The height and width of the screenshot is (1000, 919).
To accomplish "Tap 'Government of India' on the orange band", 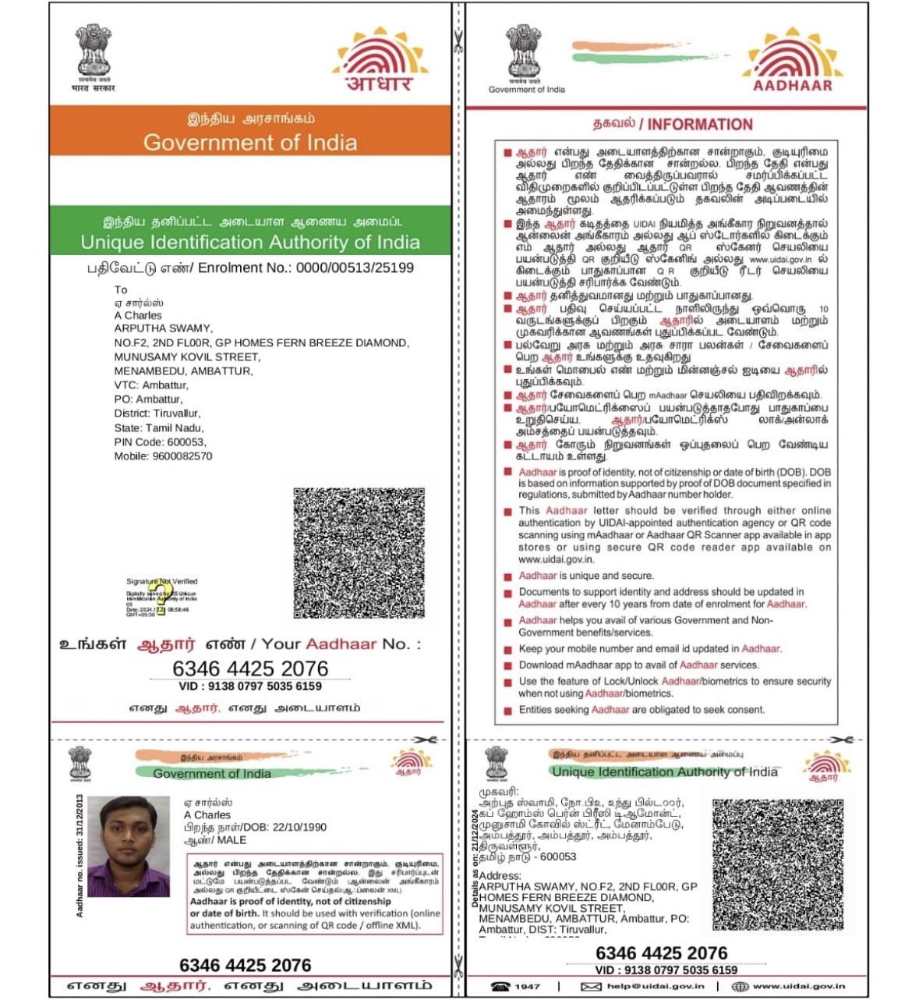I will coord(250,142).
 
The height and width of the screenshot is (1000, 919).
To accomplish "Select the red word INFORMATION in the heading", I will coord(700,124).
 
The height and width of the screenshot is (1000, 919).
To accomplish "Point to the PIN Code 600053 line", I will coord(160,441).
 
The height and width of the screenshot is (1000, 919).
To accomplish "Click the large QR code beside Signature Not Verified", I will coord(359,553).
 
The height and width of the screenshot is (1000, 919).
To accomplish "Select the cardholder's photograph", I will coord(129,846).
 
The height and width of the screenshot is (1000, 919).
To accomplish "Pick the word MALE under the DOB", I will coord(231,840).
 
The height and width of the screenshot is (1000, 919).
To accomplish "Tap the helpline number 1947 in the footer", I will coord(527,986).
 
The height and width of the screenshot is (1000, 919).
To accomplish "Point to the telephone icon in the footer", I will coord(500,986).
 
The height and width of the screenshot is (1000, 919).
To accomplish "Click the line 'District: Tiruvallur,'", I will coord(157,413).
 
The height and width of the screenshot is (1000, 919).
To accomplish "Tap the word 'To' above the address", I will coord(121,289).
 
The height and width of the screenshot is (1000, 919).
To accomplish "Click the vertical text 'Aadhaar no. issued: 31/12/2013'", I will coord(80,856).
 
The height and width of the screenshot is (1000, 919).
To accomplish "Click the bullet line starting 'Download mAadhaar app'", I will coord(638,665).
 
